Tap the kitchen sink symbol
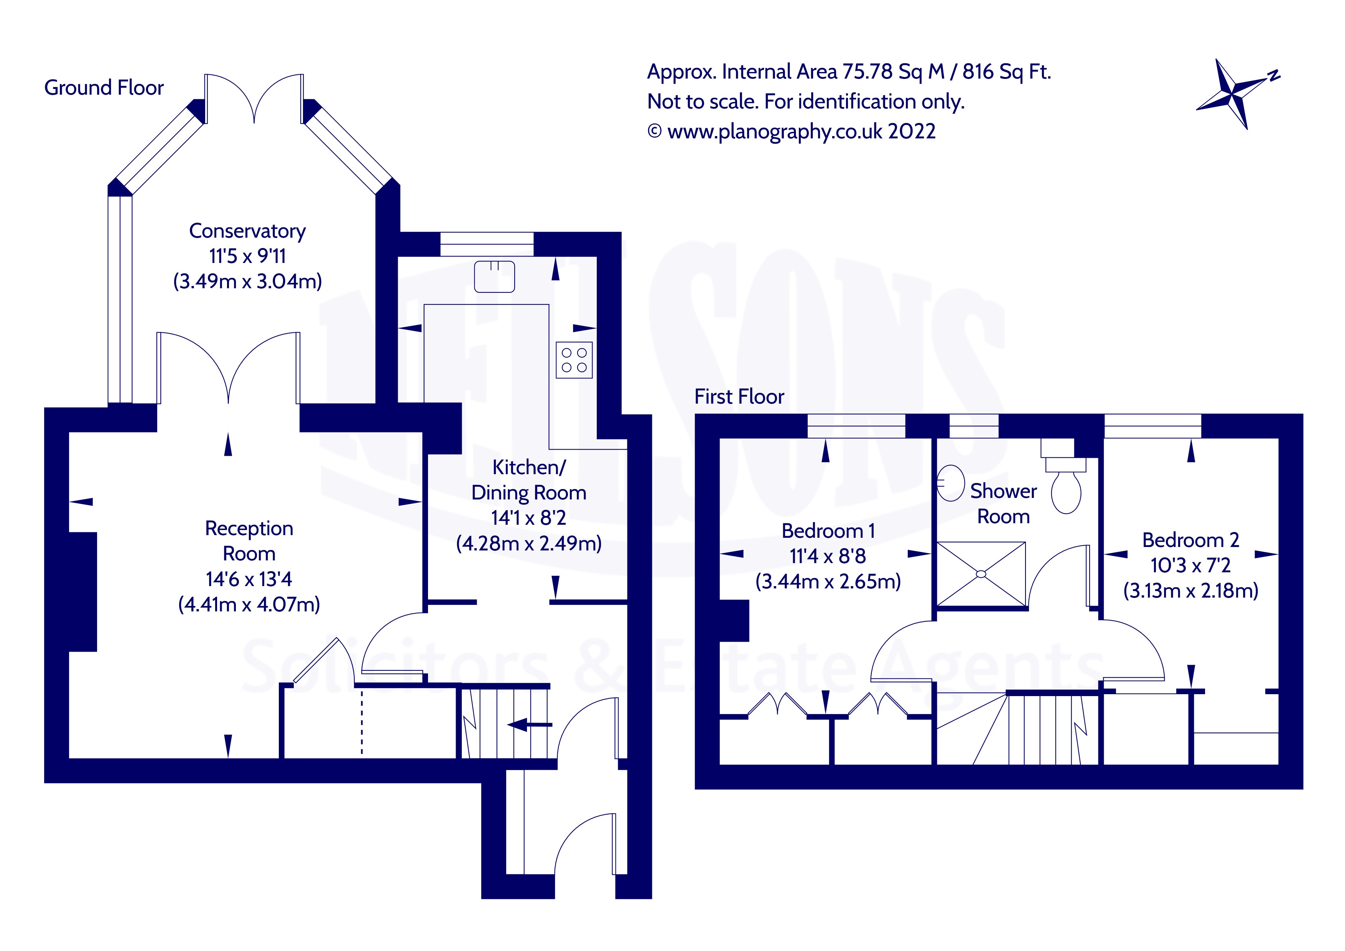click(x=494, y=276)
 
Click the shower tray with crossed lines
click(x=981, y=574)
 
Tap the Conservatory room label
click(x=247, y=231)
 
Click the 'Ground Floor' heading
click(x=104, y=88)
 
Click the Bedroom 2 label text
click(x=1190, y=540)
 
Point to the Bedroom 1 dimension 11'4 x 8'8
click(x=827, y=556)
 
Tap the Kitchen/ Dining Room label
click(x=529, y=480)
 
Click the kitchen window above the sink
click(x=487, y=244)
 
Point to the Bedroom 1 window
click(x=856, y=426)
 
